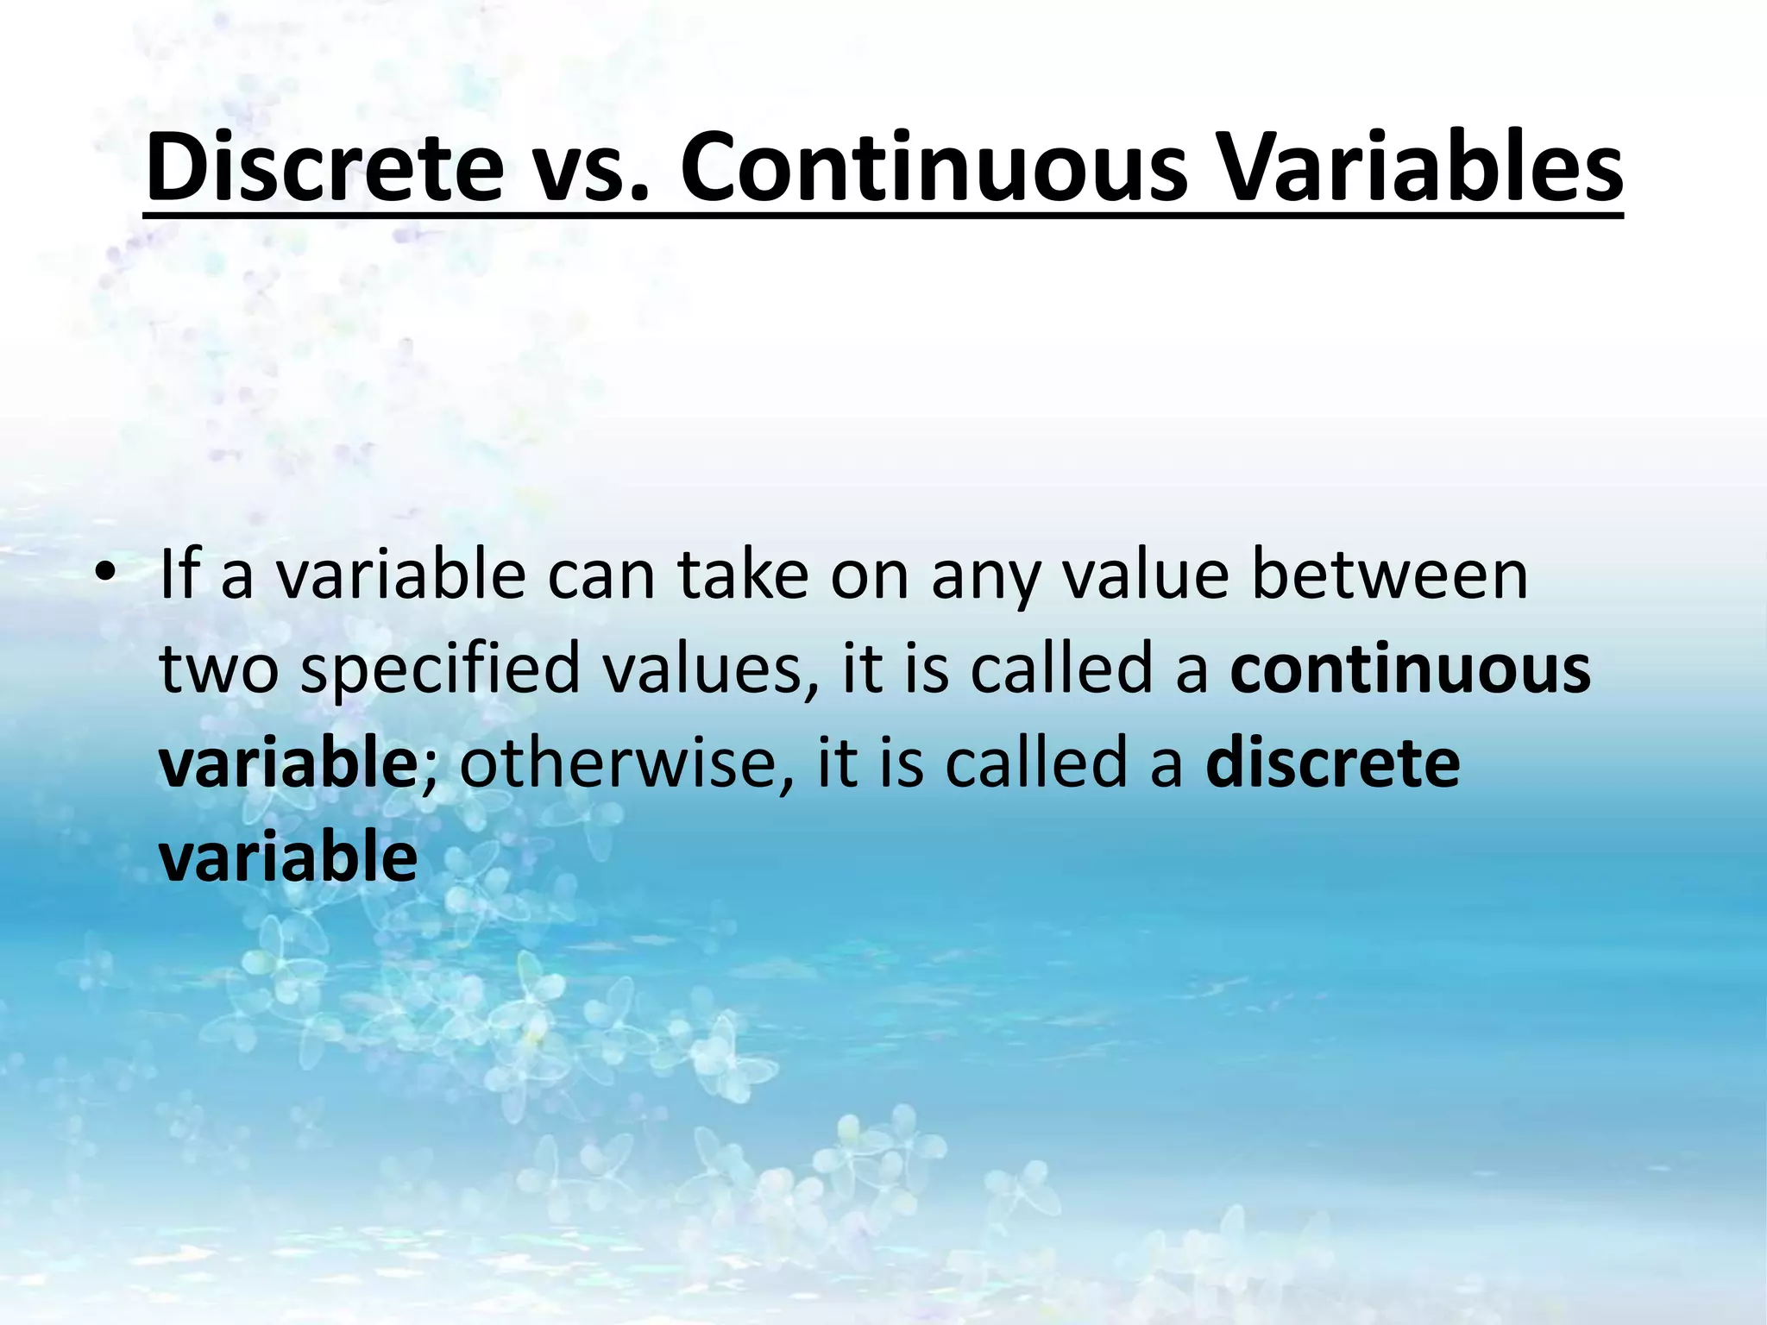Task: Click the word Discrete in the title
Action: point(324,167)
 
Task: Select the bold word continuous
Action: point(1410,669)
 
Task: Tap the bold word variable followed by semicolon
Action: point(288,763)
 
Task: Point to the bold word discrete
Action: point(1333,763)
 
